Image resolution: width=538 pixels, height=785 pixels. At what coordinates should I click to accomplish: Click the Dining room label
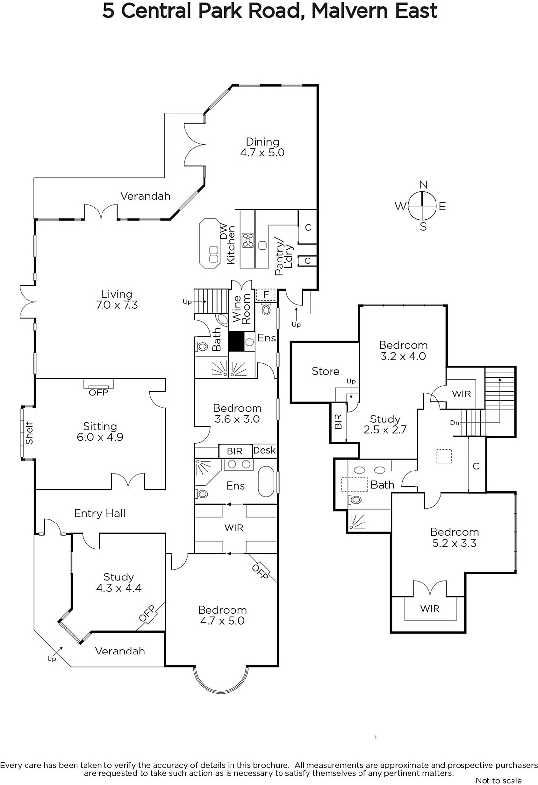point(262,147)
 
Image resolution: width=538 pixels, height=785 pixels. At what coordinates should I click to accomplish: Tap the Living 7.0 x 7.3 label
point(117,299)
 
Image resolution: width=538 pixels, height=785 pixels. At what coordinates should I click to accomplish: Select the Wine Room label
point(242,309)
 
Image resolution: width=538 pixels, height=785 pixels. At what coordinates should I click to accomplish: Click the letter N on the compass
point(423,184)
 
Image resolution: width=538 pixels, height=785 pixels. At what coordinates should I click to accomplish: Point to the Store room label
point(325,371)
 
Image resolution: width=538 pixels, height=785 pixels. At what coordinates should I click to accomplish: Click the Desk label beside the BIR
point(264,450)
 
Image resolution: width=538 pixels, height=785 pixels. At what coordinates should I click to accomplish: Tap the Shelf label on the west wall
point(29,433)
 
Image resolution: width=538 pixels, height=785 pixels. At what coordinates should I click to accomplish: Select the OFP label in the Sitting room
point(99,392)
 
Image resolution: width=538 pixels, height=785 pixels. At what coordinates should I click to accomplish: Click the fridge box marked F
point(266,295)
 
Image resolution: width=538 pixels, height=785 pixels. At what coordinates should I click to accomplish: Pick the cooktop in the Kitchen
point(248,240)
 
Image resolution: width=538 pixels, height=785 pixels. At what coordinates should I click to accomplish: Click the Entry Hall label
point(100,513)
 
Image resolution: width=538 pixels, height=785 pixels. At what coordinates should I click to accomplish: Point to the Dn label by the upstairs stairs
point(454,423)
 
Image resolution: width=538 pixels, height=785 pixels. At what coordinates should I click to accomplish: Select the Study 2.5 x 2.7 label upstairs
point(385,424)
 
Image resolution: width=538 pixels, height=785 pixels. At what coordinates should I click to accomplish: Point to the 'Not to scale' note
point(498,780)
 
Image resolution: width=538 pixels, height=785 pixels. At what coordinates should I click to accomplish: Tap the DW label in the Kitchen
point(224,232)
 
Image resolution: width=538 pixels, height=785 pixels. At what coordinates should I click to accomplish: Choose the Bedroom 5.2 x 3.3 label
point(454,537)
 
